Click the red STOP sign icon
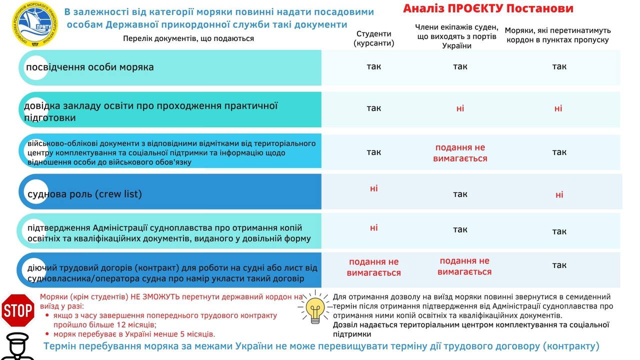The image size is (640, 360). [x=18, y=310]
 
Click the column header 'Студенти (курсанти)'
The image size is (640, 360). [x=373, y=38]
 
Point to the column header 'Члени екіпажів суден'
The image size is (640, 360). [x=456, y=36]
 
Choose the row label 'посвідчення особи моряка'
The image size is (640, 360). [x=90, y=67]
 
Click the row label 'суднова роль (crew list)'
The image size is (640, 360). [x=84, y=194]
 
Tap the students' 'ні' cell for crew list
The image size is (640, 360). [x=373, y=188]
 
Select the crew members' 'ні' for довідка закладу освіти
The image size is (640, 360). [x=460, y=108]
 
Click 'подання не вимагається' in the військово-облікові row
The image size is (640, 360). [x=460, y=153]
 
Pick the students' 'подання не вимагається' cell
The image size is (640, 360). [x=373, y=267]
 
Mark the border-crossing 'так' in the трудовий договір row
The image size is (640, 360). [x=559, y=265]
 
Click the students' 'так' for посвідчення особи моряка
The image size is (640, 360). [x=373, y=66]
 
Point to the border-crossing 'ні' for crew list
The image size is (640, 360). [x=559, y=194]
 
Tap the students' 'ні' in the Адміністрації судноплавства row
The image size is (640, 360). [x=373, y=227]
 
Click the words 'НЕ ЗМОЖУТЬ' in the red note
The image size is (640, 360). [x=155, y=296]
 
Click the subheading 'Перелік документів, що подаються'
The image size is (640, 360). [x=188, y=38]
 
